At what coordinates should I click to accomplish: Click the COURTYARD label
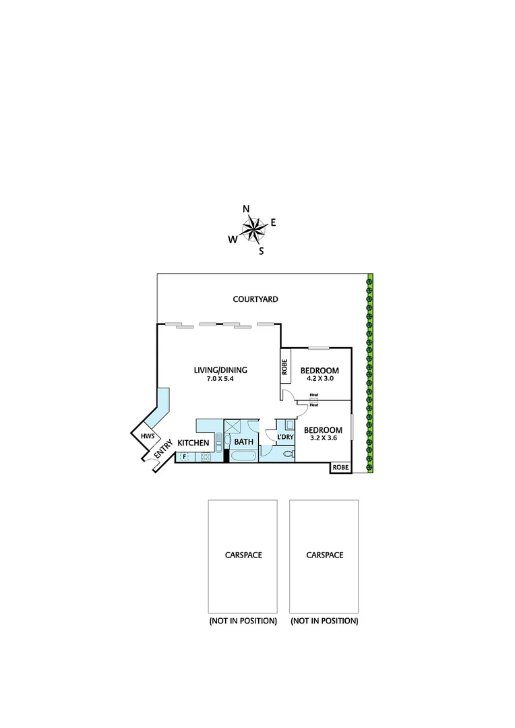pyautogui.click(x=255, y=299)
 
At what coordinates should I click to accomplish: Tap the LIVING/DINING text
pyautogui.click(x=220, y=370)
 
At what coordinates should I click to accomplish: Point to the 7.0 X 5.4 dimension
pyautogui.click(x=220, y=380)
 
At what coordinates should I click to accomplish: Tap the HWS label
pyautogui.click(x=147, y=436)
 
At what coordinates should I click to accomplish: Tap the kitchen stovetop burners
pyautogui.click(x=206, y=457)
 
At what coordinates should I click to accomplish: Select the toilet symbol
pyautogui.click(x=288, y=455)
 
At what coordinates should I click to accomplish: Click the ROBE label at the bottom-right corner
pyautogui.click(x=340, y=467)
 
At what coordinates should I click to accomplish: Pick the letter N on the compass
pyautogui.click(x=246, y=208)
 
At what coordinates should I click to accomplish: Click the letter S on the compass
pyautogui.click(x=261, y=252)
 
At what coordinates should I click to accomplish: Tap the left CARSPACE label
pyautogui.click(x=243, y=555)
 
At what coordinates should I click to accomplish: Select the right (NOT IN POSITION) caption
pyautogui.click(x=324, y=621)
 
